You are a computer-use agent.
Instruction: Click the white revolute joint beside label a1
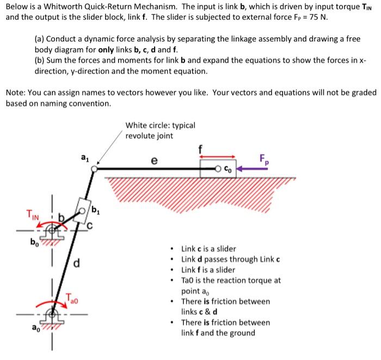click(94, 169)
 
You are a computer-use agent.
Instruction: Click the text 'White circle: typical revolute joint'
click(159, 131)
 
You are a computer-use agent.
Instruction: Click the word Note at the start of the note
click(15, 92)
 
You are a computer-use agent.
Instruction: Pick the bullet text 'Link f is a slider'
click(208, 270)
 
